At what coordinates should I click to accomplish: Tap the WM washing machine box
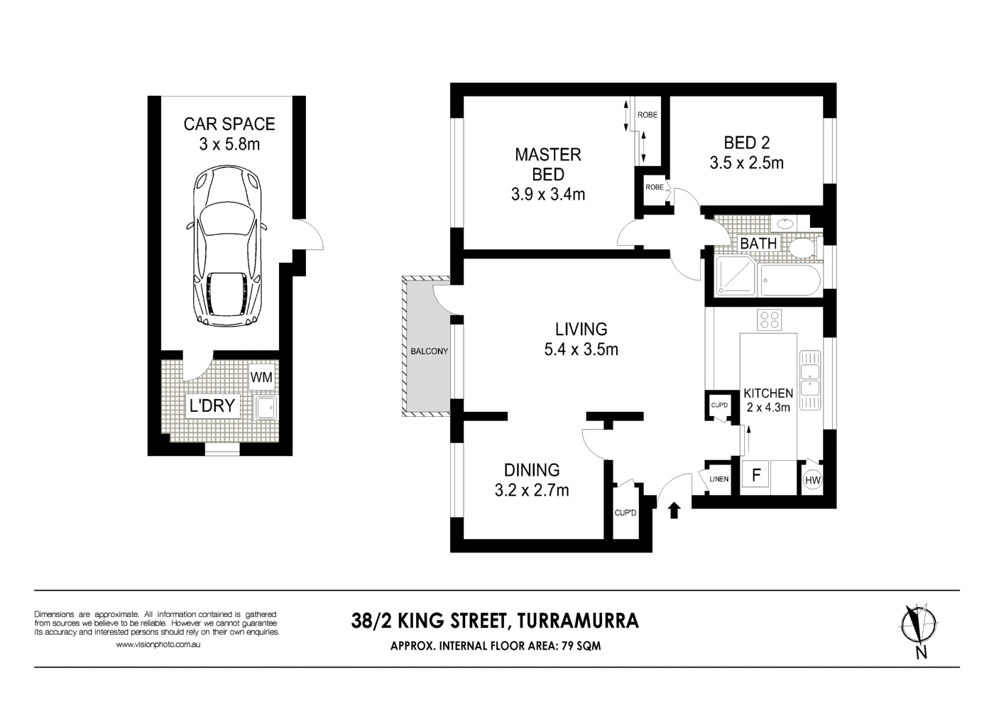click(x=261, y=377)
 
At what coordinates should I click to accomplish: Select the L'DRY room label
click(x=211, y=407)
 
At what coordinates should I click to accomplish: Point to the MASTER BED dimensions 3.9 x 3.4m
click(x=547, y=194)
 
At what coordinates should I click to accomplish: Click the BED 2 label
click(x=746, y=143)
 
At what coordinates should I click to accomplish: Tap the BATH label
click(x=758, y=244)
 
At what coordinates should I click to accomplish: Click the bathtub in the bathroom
click(x=790, y=281)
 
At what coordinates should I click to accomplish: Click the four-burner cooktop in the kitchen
click(x=768, y=320)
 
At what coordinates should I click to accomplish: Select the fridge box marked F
click(x=756, y=475)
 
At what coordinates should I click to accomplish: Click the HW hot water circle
click(x=812, y=481)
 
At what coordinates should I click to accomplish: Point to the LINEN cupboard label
click(x=719, y=479)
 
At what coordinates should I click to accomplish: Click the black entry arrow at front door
click(x=674, y=510)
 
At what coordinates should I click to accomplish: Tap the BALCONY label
click(x=429, y=351)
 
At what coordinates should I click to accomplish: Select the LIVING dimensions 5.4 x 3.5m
click(x=581, y=349)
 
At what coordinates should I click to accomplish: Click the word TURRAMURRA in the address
click(x=578, y=621)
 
